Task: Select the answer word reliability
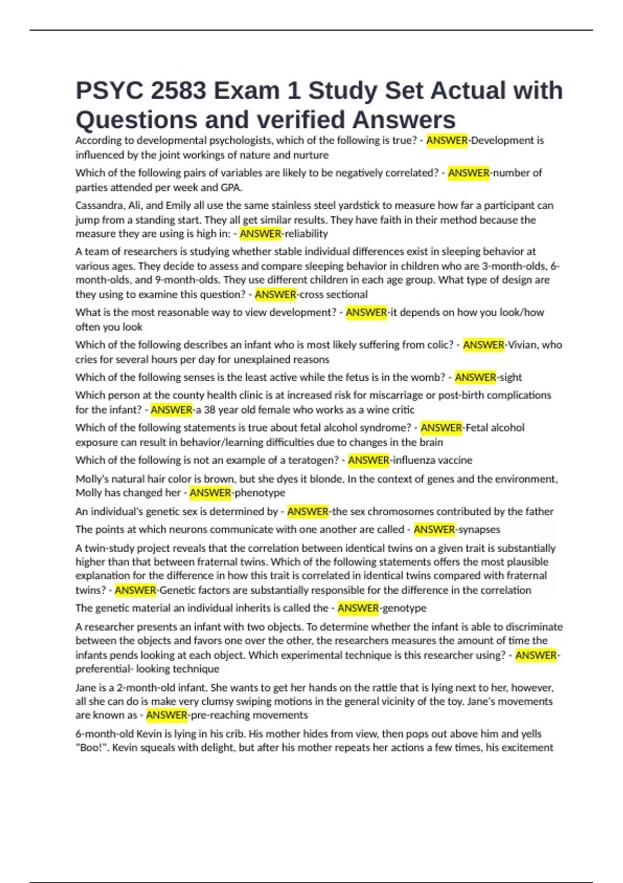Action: coord(306,234)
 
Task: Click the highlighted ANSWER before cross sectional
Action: coord(275,295)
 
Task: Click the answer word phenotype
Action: coord(260,493)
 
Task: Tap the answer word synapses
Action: coord(479,529)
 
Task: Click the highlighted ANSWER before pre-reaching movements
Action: coord(166,715)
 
